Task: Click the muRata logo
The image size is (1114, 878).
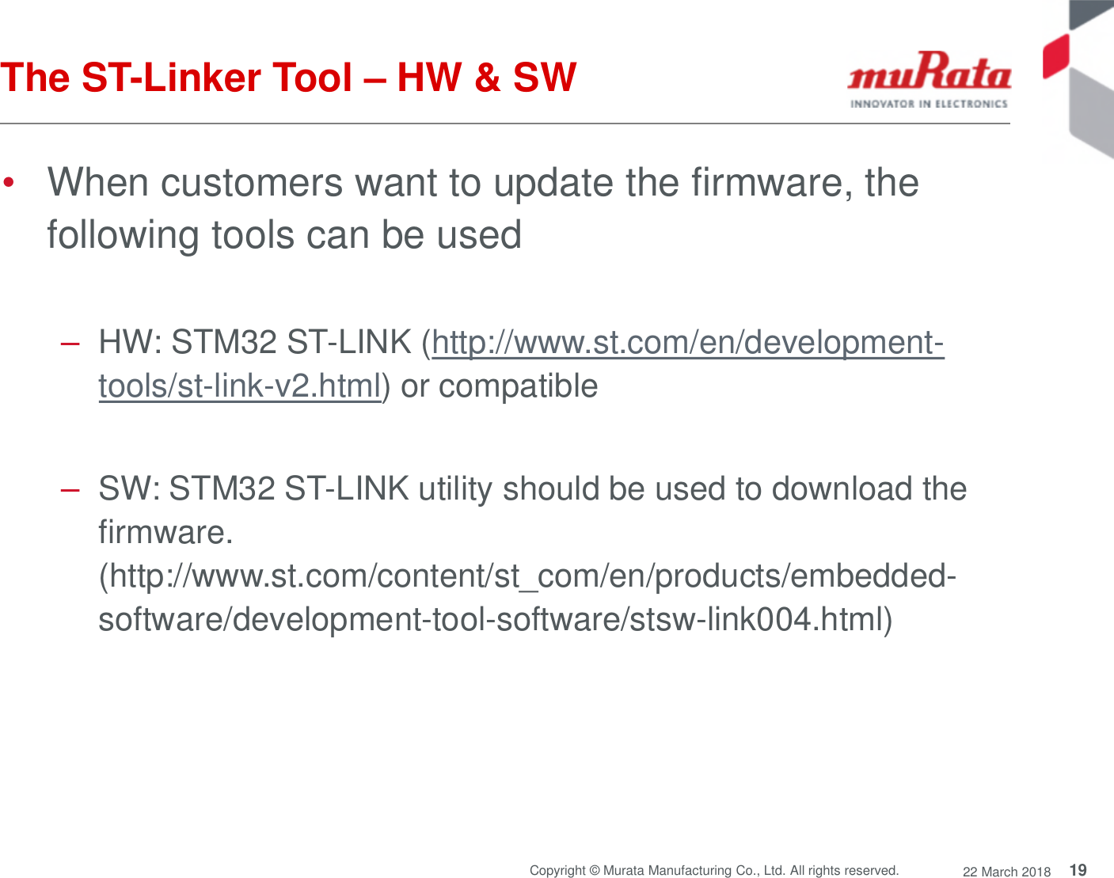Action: [929, 73]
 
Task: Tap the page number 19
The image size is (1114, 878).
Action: [1078, 870]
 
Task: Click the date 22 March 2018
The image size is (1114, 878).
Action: [1006, 872]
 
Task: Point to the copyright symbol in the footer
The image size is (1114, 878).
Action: [594, 871]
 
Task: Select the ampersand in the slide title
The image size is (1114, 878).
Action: [487, 78]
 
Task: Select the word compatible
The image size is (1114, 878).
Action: [518, 386]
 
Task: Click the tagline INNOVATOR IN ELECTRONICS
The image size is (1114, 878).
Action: [929, 104]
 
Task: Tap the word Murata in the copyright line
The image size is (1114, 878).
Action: [623, 871]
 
